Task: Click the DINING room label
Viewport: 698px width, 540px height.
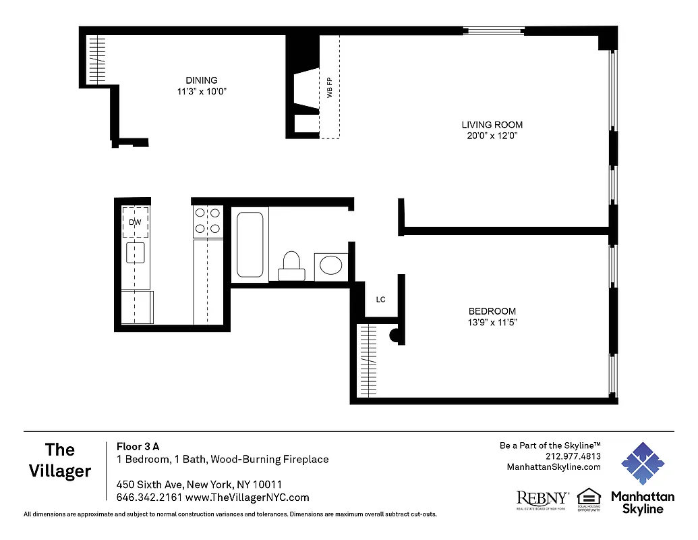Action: click(x=202, y=80)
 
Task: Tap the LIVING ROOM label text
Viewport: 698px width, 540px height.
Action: click(x=492, y=125)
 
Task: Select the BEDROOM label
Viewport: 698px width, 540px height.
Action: click(x=492, y=311)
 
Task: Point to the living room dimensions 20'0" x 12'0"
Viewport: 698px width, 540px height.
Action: click(x=492, y=136)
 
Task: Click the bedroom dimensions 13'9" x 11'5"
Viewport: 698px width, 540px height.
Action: click(x=492, y=322)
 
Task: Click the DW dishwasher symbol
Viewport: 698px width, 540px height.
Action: click(x=135, y=221)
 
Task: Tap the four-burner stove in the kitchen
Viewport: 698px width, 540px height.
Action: click(x=208, y=221)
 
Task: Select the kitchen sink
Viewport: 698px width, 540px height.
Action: click(x=135, y=253)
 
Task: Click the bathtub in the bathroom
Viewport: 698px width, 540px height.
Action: click(x=250, y=244)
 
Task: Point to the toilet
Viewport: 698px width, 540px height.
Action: click(x=291, y=265)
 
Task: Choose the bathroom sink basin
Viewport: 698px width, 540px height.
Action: click(x=331, y=265)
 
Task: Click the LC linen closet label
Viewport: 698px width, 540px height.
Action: click(x=380, y=300)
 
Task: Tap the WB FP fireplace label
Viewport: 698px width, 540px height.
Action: click(x=330, y=88)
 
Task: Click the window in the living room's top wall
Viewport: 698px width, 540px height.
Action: click(x=494, y=30)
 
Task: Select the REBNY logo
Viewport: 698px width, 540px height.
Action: click(x=542, y=499)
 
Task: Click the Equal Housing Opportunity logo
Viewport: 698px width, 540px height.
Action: click(x=588, y=500)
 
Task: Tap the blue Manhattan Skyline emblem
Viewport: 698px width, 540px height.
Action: click(x=642, y=464)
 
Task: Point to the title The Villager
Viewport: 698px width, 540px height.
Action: click(x=60, y=460)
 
